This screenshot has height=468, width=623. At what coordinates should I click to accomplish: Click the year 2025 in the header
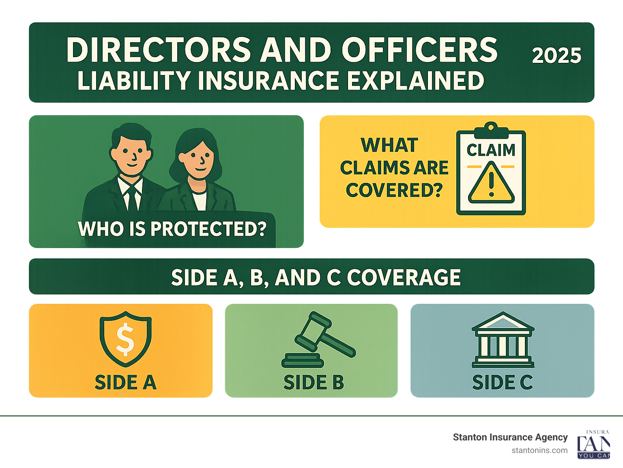[x=556, y=56]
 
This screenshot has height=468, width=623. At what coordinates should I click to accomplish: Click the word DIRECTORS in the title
[x=159, y=50]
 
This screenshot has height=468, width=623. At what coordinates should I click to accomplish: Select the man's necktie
[x=132, y=196]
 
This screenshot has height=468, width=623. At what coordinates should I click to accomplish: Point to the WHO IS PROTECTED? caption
[x=172, y=229]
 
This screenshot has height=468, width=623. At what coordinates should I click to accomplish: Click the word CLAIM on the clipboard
[x=491, y=150]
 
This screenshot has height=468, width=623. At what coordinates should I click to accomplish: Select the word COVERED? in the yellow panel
[x=394, y=190]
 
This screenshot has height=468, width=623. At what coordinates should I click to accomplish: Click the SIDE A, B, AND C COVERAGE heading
[x=316, y=278]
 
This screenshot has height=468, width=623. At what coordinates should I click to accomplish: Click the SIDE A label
[x=125, y=382]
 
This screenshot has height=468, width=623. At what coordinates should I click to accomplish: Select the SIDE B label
[x=314, y=382]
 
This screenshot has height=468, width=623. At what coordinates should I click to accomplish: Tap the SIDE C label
[x=502, y=382]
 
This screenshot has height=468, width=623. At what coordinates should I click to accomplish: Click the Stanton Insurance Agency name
[x=510, y=437]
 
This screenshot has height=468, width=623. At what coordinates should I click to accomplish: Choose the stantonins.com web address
[x=539, y=451]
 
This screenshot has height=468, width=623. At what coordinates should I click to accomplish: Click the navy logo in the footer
[x=593, y=445]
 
